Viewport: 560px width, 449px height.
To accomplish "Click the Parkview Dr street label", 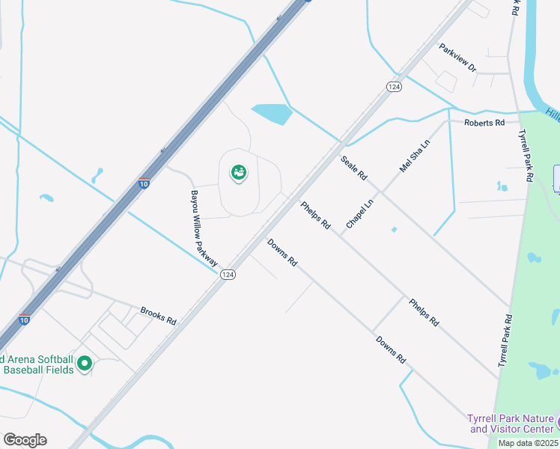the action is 457,58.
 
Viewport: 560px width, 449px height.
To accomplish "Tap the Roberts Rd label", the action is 484,122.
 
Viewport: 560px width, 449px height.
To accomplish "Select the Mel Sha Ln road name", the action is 416,156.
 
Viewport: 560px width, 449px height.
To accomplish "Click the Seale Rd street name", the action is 354,168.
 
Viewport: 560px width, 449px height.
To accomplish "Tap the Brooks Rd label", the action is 158,316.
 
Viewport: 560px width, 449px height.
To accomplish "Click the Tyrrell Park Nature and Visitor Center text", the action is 511,424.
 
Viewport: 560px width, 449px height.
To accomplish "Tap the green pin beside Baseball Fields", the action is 85,364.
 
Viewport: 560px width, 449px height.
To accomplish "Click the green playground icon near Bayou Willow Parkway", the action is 239,174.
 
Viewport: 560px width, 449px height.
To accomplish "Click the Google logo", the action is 25,440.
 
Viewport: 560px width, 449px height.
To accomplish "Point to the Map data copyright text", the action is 528,443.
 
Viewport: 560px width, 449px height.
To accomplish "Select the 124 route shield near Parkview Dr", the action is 393,87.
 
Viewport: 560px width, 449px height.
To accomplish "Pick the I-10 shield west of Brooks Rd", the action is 25,320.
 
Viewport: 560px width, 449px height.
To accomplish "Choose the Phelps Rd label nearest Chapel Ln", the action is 316,214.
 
